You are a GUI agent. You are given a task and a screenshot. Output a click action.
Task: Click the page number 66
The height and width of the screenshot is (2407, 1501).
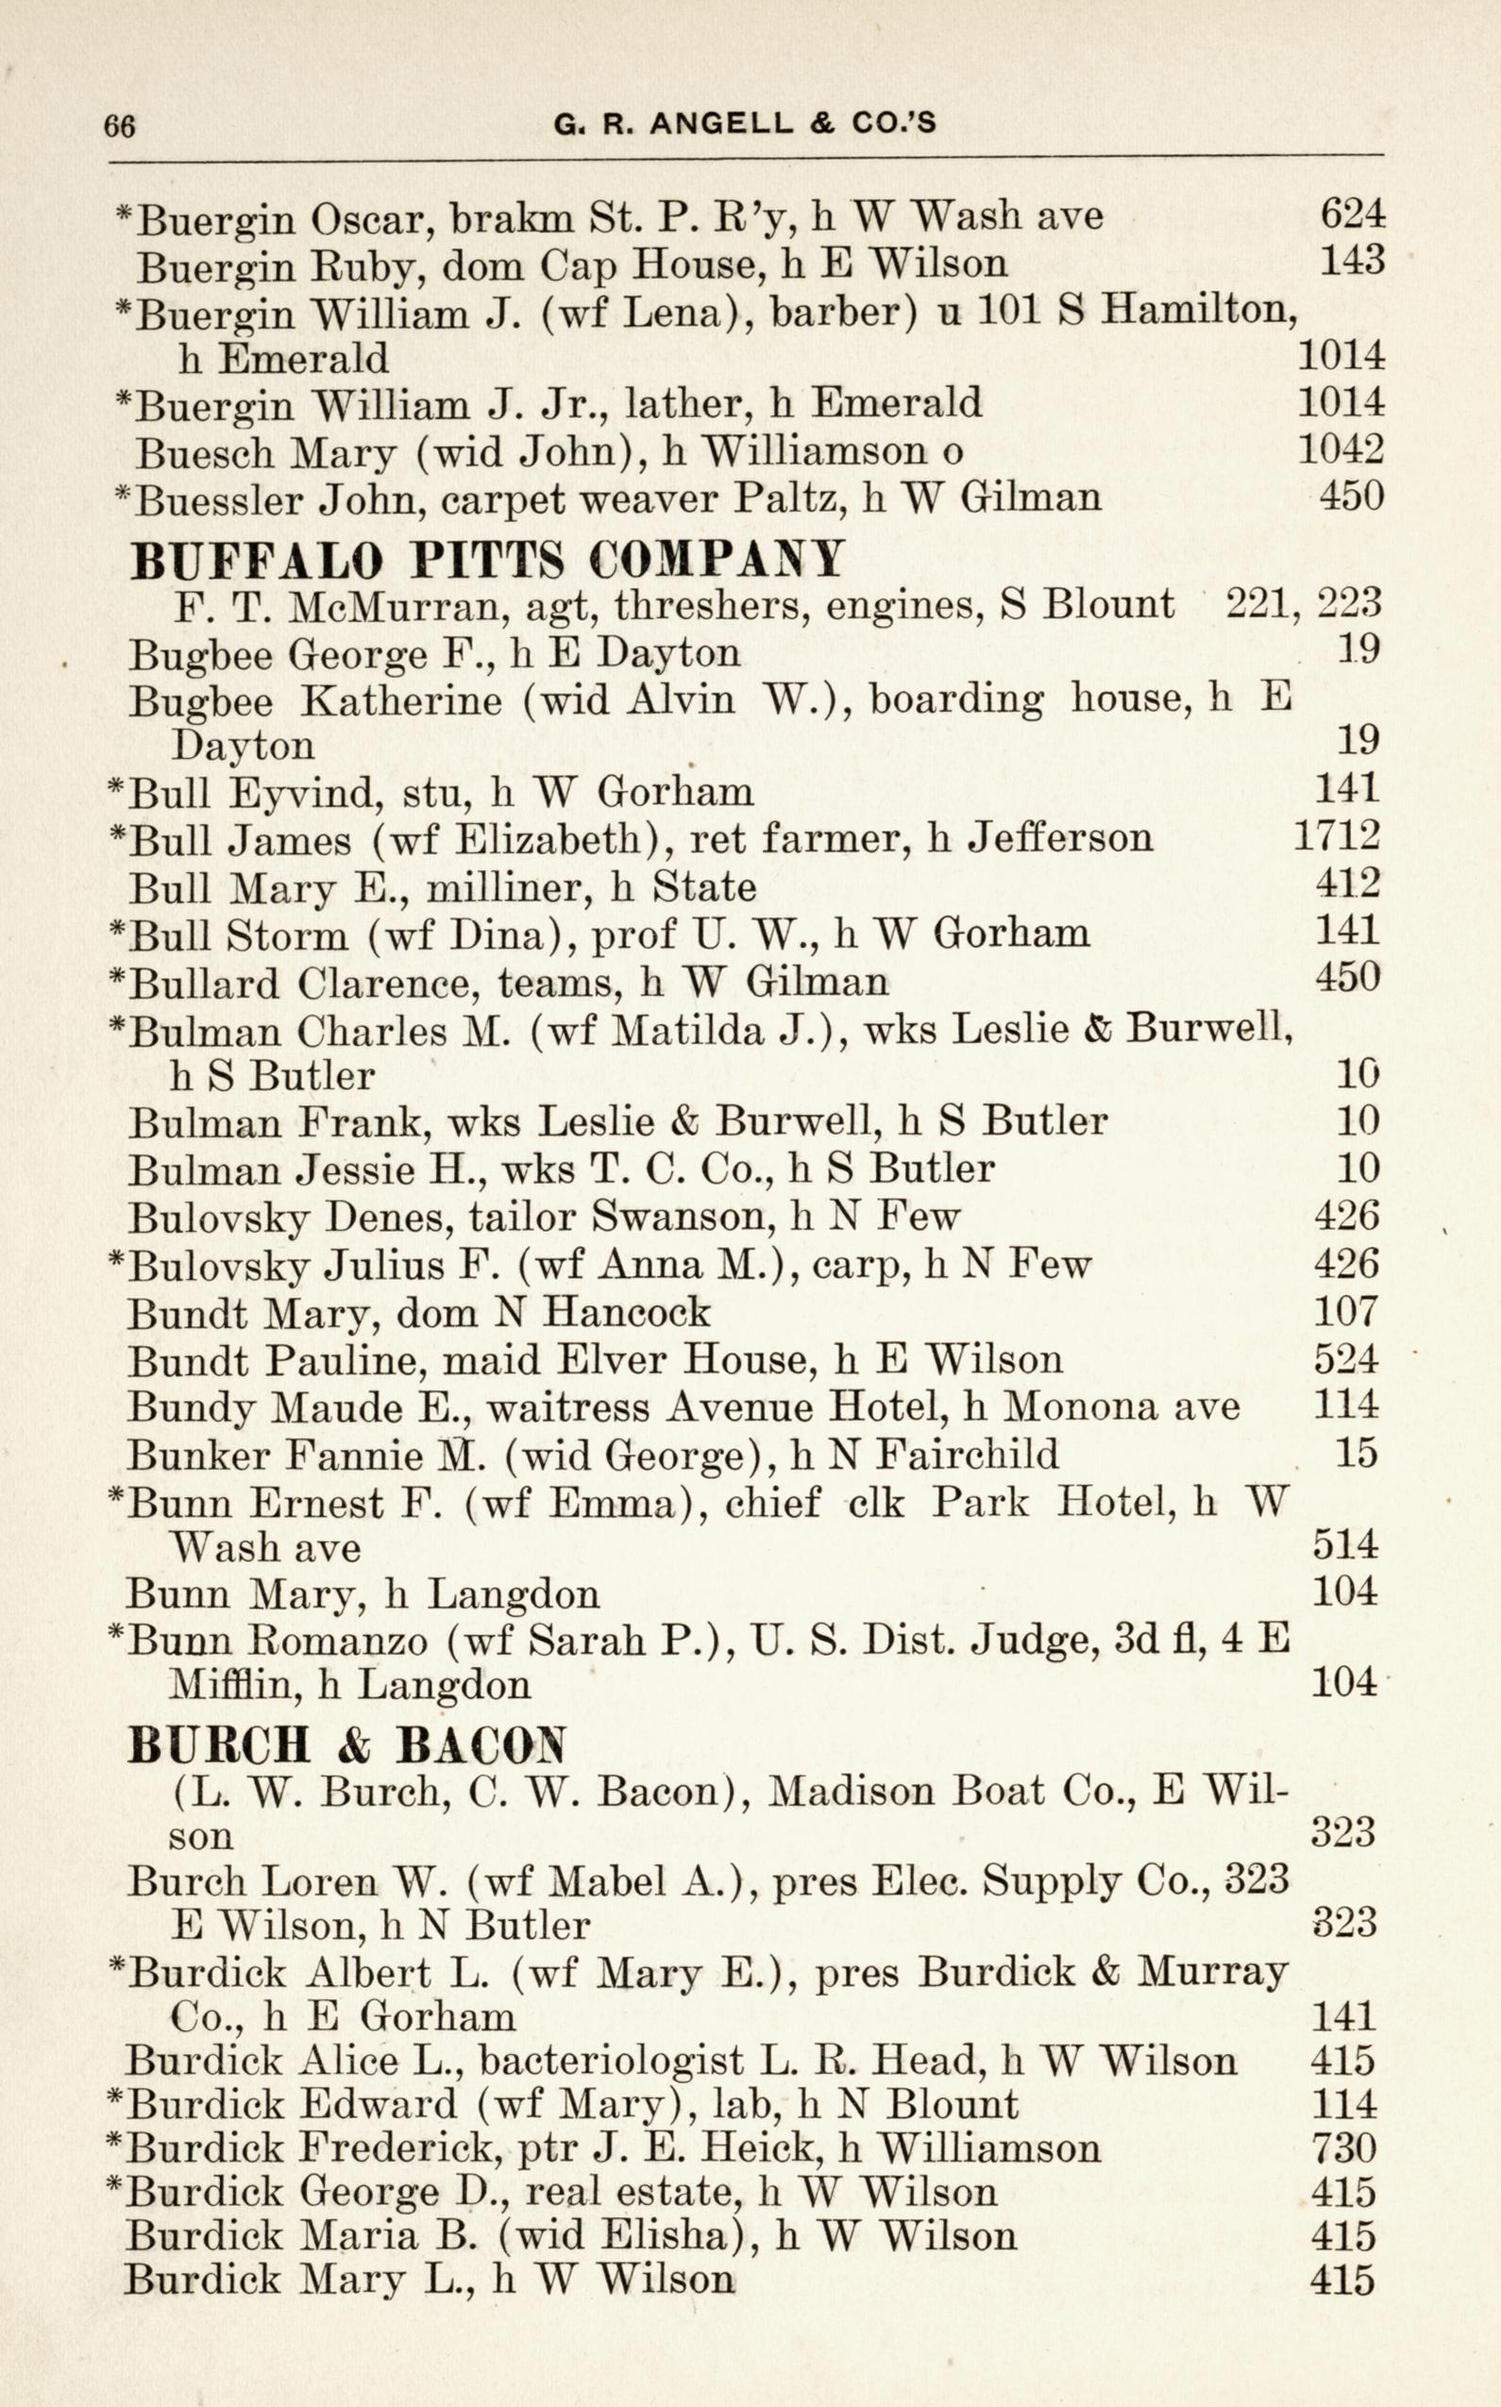click(119, 127)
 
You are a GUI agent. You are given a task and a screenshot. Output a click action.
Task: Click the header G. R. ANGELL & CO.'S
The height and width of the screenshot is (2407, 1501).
click(745, 123)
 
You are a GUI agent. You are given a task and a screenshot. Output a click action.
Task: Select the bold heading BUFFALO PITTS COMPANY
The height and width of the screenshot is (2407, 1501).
click(487, 561)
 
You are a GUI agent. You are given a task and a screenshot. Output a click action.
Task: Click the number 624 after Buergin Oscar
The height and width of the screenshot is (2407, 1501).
click(1351, 214)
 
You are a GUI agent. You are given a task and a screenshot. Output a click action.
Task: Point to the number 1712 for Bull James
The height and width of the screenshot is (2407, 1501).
click(1336, 836)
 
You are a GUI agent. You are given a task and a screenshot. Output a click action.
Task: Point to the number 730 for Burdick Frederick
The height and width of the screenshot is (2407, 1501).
click(1343, 2149)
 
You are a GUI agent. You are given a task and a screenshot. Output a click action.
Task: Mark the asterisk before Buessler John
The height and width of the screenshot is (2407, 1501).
click(124, 495)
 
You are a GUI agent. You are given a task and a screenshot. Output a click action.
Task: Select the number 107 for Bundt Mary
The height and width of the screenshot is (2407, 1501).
click(1345, 1312)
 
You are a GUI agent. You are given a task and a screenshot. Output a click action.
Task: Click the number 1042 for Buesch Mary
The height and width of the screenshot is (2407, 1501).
click(1341, 449)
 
